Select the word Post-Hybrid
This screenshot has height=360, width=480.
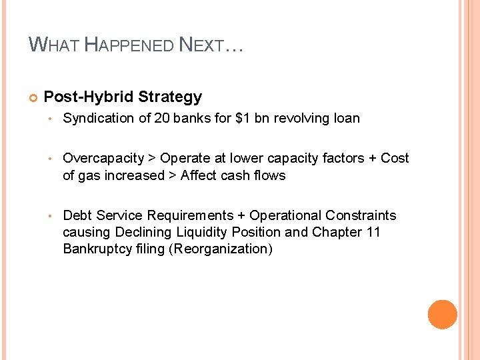click(x=89, y=97)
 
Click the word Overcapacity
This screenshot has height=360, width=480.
click(x=103, y=158)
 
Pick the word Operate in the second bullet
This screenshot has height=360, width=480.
click(x=183, y=158)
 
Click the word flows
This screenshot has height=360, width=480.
click(x=269, y=175)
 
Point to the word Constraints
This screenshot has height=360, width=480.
click(x=361, y=215)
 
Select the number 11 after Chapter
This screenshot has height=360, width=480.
click(x=373, y=233)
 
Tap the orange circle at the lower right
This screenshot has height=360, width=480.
click(x=443, y=315)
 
